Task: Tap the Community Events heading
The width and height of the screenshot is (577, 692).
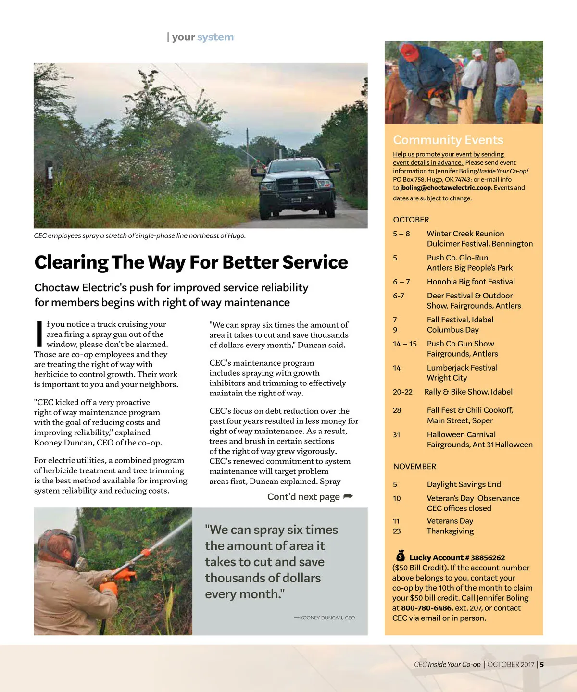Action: click(x=448, y=140)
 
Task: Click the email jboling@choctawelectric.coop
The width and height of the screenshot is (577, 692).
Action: click(x=446, y=188)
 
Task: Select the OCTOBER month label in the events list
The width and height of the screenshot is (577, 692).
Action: click(x=411, y=220)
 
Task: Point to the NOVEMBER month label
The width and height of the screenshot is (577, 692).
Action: click(x=414, y=466)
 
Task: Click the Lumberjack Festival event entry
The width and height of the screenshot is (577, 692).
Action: click(x=462, y=368)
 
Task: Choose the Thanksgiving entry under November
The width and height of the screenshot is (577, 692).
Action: click(x=450, y=531)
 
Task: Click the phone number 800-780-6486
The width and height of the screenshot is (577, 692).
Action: click(x=427, y=608)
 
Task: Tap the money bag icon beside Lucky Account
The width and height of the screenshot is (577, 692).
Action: click(x=401, y=556)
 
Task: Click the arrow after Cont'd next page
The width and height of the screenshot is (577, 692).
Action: click(x=348, y=496)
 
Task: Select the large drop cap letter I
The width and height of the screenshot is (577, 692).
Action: click(x=39, y=334)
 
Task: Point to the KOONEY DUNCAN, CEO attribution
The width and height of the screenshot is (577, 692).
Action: click(x=327, y=618)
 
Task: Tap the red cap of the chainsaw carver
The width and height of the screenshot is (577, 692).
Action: click(x=409, y=51)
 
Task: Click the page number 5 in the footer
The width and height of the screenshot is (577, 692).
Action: click(x=542, y=665)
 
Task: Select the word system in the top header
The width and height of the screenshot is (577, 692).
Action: click(x=215, y=37)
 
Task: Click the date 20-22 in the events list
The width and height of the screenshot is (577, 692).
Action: click(x=402, y=392)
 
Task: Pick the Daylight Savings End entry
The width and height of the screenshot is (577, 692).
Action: click(x=464, y=484)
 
